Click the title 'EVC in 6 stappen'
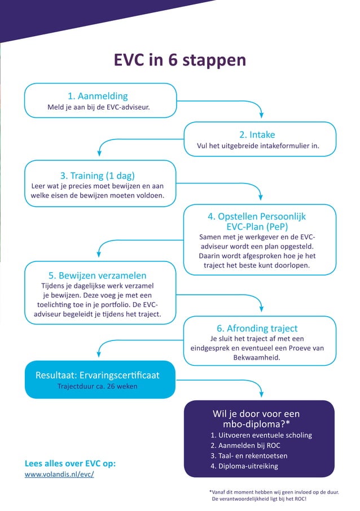(180, 60)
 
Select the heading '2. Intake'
(257, 134)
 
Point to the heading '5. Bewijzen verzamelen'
(98, 276)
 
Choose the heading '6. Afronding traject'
(257, 328)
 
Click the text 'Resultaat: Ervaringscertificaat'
(97, 375)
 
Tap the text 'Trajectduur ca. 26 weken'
(97, 387)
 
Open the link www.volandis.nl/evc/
(59, 474)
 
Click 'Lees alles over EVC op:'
(71, 463)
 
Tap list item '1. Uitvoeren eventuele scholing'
(261, 435)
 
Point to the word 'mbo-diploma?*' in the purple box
(260, 423)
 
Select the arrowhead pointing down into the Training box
(100, 152)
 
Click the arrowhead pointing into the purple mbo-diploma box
(260, 394)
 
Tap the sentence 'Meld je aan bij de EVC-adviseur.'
(99, 107)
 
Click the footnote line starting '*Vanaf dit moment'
(274, 492)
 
